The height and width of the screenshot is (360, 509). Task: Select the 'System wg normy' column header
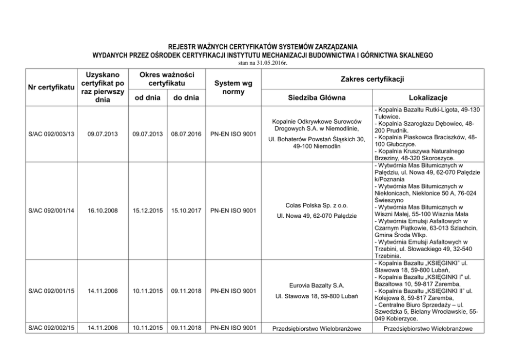point(230,88)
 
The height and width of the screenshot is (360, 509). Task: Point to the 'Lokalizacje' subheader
point(429,98)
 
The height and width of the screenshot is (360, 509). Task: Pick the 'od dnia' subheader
point(148,98)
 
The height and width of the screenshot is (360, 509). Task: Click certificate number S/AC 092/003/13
point(51,134)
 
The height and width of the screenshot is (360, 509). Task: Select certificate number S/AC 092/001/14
point(51,211)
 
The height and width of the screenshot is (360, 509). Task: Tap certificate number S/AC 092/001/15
point(51,291)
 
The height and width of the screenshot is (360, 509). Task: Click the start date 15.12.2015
point(148,211)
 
